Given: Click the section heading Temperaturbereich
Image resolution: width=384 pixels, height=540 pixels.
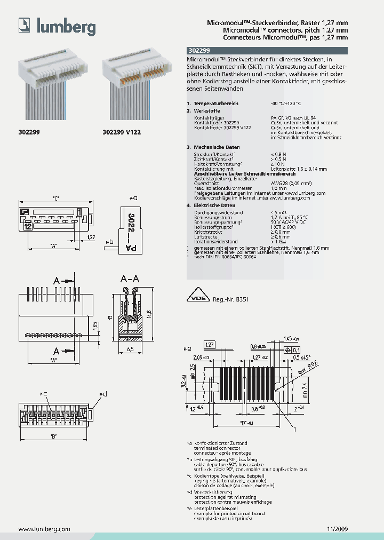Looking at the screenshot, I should (x=216, y=103).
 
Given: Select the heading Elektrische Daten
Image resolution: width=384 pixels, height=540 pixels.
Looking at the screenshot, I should (x=214, y=205).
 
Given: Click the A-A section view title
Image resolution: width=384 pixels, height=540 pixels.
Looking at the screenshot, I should (x=130, y=279).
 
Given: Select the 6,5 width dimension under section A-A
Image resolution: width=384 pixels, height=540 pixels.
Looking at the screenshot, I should (x=130, y=349).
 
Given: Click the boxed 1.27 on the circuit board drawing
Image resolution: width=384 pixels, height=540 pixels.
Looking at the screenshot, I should (x=209, y=344).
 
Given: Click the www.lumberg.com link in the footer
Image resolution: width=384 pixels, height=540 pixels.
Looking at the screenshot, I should (x=44, y=529).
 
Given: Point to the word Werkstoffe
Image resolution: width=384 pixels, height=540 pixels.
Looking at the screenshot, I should (x=207, y=110).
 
